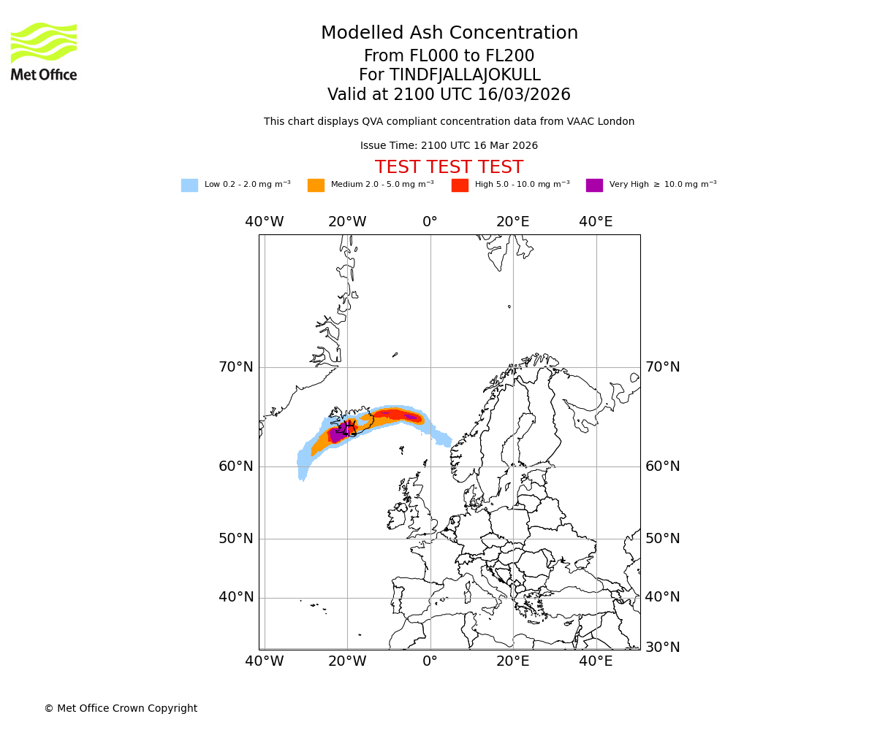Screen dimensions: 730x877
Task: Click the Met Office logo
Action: click(x=44, y=51)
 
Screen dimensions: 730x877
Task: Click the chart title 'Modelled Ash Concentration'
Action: click(x=449, y=34)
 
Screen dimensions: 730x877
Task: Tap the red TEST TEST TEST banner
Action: click(x=449, y=167)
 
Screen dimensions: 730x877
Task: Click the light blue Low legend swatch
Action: click(x=189, y=185)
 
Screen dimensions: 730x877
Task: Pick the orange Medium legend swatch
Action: click(x=316, y=185)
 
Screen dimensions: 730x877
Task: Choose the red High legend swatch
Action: click(x=460, y=185)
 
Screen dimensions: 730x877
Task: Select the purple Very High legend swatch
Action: click(x=594, y=185)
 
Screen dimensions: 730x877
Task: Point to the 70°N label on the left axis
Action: click(x=236, y=367)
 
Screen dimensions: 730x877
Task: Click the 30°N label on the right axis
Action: click(x=662, y=648)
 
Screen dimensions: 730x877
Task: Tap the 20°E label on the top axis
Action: click(x=513, y=222)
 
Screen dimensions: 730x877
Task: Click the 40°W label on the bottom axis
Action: click(x=265, y=661)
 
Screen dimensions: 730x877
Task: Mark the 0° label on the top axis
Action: click(x=430, y=222)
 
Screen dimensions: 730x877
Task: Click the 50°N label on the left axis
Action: click(x=236, y=539)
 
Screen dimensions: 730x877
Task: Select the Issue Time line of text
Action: click(x=449, y=146)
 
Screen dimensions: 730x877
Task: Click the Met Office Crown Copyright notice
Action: click(x=121, y=709)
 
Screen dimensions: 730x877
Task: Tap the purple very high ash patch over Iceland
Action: click(x=338, y=434)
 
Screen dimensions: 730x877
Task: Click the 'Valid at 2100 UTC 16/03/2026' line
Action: click(x=449, y=95)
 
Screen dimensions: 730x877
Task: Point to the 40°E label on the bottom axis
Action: click(x=596, y=661)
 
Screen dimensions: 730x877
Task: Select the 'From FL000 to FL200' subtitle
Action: click(x=449, y=56)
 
